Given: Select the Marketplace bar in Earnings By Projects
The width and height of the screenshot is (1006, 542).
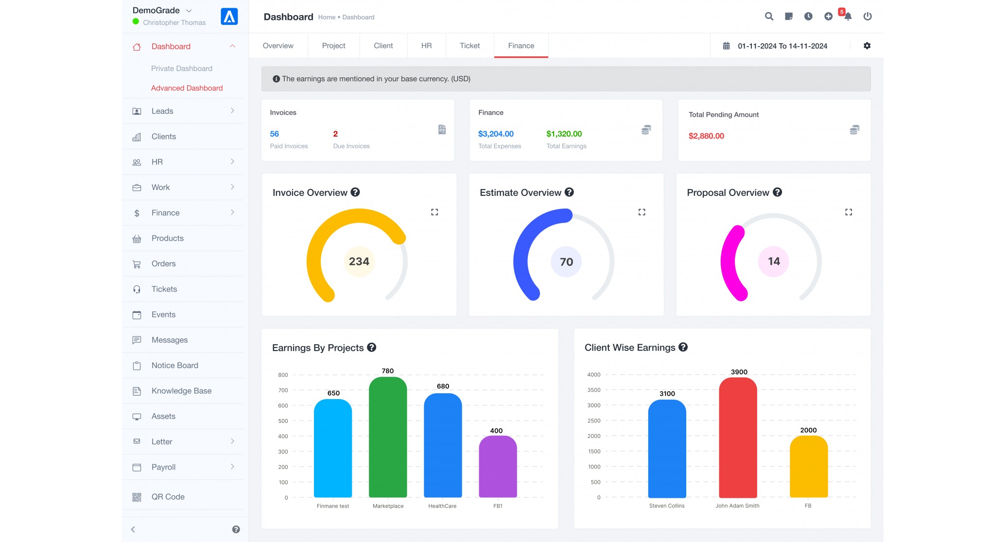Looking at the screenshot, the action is click(x=388, y=437).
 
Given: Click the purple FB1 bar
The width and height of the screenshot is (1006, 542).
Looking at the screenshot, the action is click(x=498, y=467).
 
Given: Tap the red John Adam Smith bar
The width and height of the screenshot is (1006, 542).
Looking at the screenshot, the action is click(x=738, y=437).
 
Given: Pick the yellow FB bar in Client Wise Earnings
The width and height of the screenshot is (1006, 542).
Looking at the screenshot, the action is click(x=809, y=467).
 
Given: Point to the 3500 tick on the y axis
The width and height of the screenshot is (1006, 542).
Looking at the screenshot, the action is click(x=594, y=390).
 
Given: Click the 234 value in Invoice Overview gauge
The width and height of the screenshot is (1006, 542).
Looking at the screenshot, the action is click(x=359, y=262).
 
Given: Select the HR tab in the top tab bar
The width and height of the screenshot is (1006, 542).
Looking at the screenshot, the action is click(x=426, y=46).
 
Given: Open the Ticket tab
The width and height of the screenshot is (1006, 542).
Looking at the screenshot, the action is click(x=469, y=46).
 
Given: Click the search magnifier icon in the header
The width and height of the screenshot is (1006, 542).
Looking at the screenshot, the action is click(x=769, y=17).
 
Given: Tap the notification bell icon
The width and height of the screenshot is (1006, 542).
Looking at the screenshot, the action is click(x=848, y=17).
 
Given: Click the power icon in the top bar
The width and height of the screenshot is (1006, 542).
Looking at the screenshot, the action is click(x=867, y=17).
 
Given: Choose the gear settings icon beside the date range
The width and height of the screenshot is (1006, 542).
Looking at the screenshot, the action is click(x=867, y=46).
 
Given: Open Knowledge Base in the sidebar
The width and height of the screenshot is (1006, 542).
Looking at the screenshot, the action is click(x=181, y=391).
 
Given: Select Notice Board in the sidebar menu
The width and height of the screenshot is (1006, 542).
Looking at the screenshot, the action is click(x=175, y=366).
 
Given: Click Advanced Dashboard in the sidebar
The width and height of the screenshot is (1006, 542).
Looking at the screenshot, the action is click(x=187, y=88).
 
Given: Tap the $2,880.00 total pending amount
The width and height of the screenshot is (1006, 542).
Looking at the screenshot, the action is click(x=706, y=136).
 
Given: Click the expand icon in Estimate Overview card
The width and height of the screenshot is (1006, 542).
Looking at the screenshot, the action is click(x=642, y=212).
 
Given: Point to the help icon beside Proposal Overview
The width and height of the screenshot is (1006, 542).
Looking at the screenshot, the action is click(x=778, y=192).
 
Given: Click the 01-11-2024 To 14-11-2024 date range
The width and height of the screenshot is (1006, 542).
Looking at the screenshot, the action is click(x=782, y=46).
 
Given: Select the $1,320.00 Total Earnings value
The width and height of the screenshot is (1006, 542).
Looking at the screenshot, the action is click(x=564, y=134).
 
